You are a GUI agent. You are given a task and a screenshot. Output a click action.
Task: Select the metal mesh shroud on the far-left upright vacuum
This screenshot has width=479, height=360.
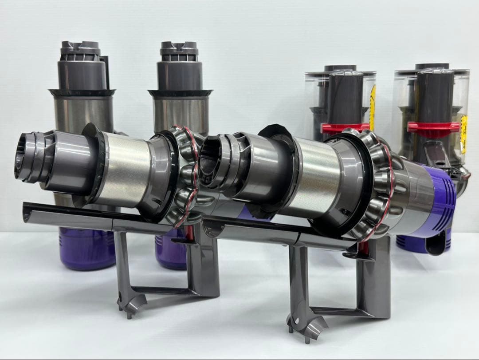tap(82, 111)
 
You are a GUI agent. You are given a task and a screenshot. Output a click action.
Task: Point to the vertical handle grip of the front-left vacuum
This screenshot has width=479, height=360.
tap(204, 266)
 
